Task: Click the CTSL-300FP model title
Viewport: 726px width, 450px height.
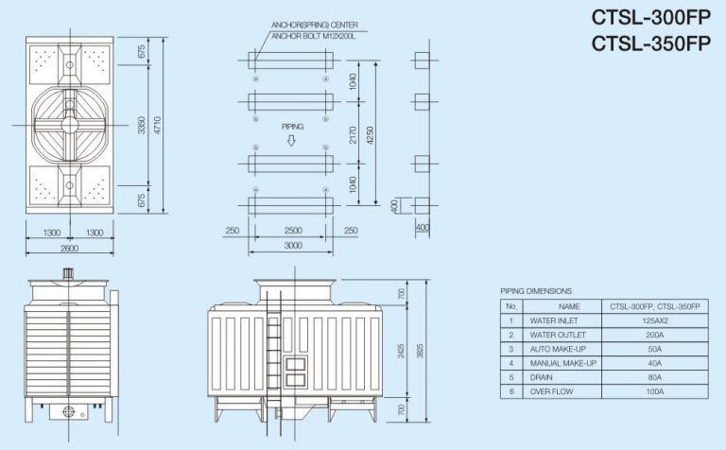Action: pos(650,18)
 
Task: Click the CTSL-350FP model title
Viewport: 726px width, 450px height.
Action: pos(650,43)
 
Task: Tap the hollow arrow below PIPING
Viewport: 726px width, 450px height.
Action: pos(292,141)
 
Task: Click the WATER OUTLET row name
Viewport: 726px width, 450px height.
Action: pos(559,335)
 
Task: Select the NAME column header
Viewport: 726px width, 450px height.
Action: pos(569,306)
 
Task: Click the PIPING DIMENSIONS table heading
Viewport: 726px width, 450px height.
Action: pos(536,290)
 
